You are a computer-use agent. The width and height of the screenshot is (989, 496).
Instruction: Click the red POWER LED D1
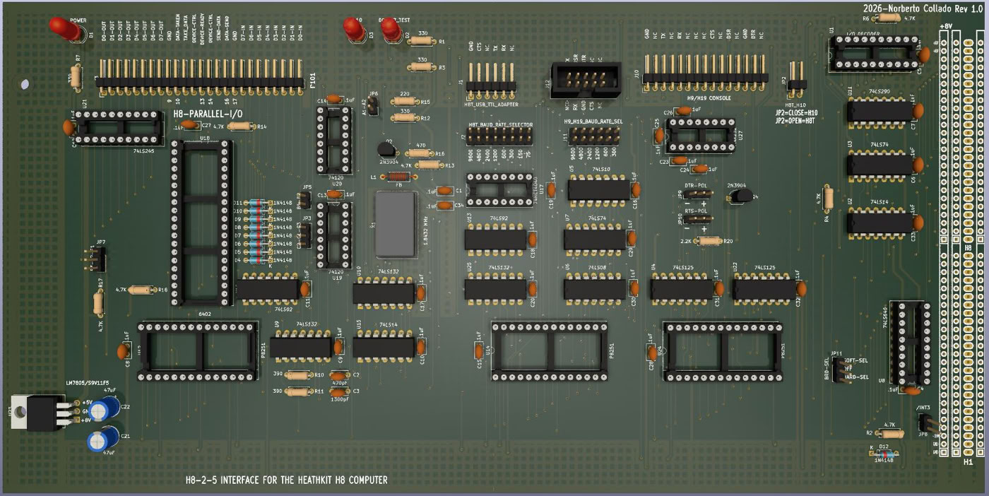65,29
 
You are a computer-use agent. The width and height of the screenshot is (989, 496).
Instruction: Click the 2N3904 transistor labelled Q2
385,149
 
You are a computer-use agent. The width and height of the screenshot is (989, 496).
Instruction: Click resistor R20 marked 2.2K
707,241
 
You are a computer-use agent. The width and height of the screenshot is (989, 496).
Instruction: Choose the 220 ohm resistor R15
404,102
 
